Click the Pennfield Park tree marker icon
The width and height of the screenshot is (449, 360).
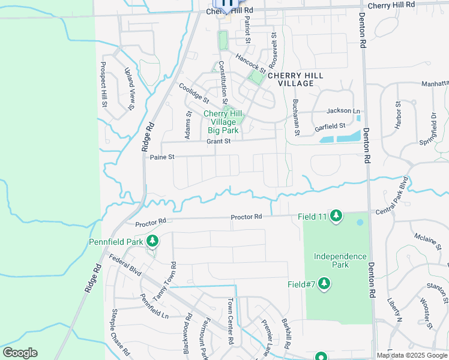point(152,241)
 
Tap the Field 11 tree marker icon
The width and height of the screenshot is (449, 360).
point(336,215)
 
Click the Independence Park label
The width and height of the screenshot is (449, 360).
point(340,260)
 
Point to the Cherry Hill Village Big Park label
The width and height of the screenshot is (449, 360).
point(223,122)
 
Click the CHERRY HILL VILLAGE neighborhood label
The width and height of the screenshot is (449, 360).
point(295,79)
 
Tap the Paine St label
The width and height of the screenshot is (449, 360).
point(162,157)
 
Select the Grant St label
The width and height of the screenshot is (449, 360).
point(218,142)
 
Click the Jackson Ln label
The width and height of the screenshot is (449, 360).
point(343,111)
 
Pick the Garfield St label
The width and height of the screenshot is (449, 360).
point(330,127)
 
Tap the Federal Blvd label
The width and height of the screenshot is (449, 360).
point(125,265)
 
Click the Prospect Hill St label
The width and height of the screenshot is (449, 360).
point(104,85)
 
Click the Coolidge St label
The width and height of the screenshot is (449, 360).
point(194,92)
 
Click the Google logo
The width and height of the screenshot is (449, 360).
point(20,353)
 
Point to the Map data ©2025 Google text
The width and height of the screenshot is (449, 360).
point(411,355)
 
